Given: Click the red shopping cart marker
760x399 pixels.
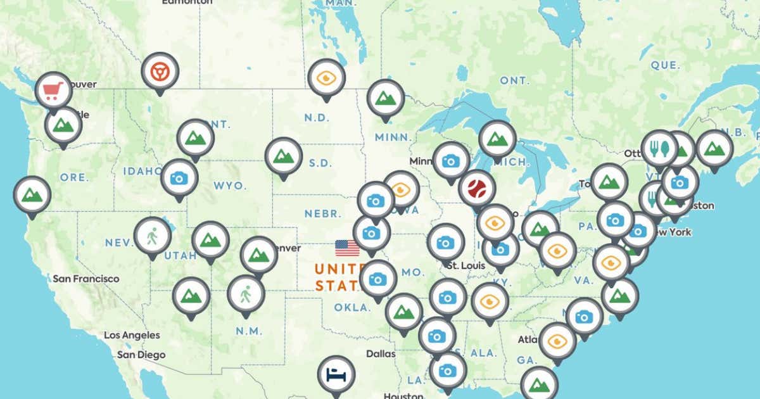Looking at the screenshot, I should (53, 91).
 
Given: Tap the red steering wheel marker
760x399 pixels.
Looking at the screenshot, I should (160, 71).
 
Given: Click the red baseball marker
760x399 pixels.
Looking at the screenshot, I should (476, 188).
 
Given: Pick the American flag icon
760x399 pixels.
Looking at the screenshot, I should (347, 248).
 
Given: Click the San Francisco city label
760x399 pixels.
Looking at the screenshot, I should (85, 279).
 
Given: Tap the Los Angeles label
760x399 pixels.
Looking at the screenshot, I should (132, 334).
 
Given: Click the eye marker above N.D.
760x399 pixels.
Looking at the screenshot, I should (326, 78).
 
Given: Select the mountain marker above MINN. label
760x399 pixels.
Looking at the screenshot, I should (385, 98).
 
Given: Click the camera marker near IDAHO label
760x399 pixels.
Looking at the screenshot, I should (179, 178).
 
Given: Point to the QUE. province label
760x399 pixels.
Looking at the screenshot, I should (665, 65).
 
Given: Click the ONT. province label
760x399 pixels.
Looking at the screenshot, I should (514, 80).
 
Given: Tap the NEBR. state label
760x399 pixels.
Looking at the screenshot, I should (323, 213).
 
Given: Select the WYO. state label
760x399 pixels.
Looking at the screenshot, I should (225, 186).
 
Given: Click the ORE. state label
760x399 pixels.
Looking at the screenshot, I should (74, 177).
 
